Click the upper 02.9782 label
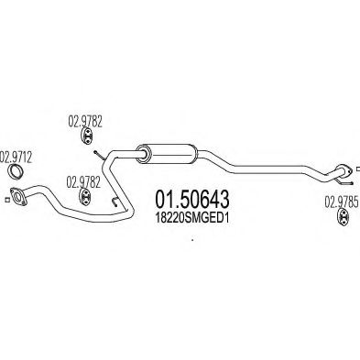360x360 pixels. [85, 122]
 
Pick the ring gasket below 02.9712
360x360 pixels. [16, 171]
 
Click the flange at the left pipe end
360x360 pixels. [18, 196]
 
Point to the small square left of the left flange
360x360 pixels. [7, 200]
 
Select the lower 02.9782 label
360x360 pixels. [83, 182]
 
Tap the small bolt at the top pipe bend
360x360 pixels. [99, 155]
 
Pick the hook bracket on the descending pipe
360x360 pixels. [114, 202]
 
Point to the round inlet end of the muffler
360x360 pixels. [143, 154]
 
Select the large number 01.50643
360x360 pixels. [192, 200]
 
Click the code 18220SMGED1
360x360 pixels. [192, 218]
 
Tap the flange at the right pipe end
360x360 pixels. [344, 171]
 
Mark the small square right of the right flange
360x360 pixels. [358, 169]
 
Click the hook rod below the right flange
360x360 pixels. [345, 182]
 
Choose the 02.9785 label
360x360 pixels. [341, 202]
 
